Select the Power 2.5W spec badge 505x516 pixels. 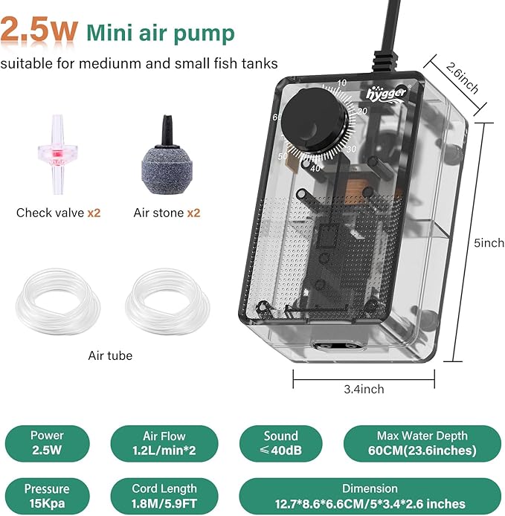47,442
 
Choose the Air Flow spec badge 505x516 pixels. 164,442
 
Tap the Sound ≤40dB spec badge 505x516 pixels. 280,442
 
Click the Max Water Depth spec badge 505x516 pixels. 422,442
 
